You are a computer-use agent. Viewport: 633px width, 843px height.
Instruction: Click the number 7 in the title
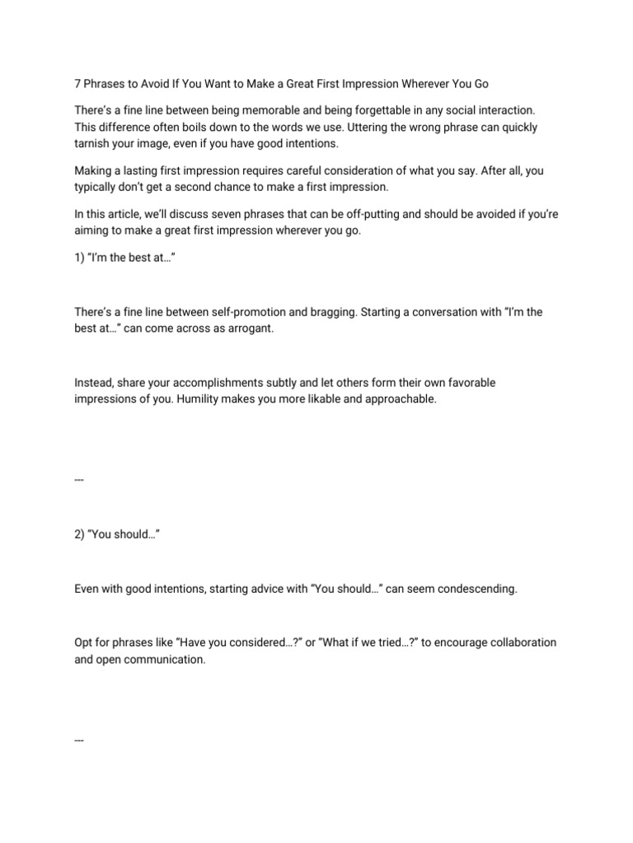tap(77, 84)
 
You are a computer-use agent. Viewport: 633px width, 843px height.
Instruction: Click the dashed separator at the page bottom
tap(79, 739)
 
